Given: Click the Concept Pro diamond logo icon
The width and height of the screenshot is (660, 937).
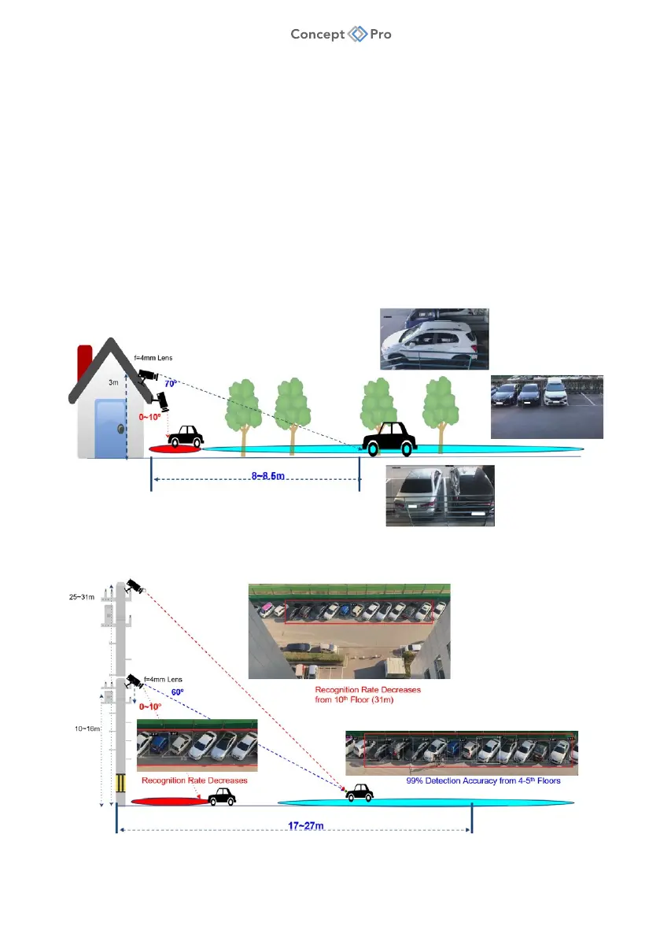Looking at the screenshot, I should point(358,34).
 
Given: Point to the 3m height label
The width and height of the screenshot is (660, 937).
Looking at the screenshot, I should point(112,383).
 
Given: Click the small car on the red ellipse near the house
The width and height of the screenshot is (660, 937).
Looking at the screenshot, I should point(186,437).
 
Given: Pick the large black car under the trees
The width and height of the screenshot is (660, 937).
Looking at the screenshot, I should point(388,438).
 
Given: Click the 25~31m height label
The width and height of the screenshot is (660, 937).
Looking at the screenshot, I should point(84,597).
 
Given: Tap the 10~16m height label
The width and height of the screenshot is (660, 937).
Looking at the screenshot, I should point(84,728).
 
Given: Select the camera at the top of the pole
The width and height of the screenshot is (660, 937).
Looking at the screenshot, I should point(135,586).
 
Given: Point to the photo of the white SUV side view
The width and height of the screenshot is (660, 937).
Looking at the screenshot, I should point(433,338).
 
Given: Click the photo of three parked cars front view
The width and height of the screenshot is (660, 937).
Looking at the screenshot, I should point(547,407).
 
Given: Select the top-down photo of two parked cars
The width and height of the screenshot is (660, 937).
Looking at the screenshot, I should point(440,495).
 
